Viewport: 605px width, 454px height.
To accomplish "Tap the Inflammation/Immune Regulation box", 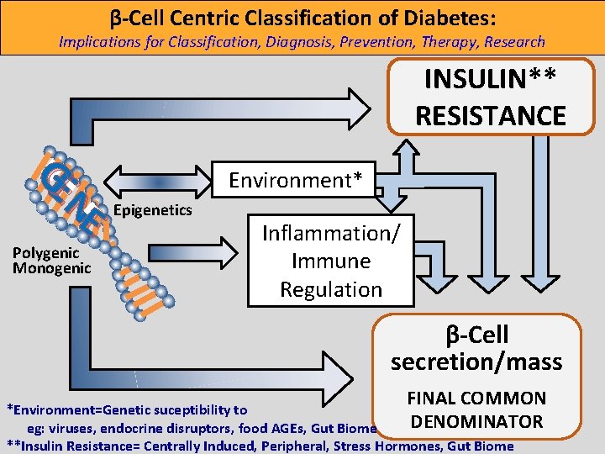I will coord(331,261).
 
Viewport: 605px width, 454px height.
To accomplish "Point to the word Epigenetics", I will coord(152,209).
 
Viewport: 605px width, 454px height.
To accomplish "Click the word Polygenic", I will coord(46,253).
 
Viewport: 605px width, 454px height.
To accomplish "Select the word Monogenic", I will coord(51,268).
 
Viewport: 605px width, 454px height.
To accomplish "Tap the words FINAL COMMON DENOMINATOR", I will coord(476,409).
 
